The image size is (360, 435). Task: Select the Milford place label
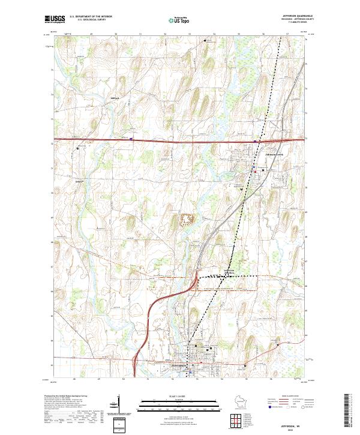pyautogui.click(x=115, y=98)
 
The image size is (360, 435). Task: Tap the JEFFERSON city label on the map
pyautogui.click(x=181, y=365)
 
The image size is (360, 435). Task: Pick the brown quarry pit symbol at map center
pyautogui.click(x=187, y=219)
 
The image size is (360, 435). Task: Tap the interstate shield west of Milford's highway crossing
pyautogui.click(x=131, y=139)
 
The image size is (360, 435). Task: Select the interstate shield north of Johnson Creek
pyautogui.click(x=255, y=142)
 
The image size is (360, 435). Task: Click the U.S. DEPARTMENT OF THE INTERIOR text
pyautogui.click(x=90, y=17)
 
